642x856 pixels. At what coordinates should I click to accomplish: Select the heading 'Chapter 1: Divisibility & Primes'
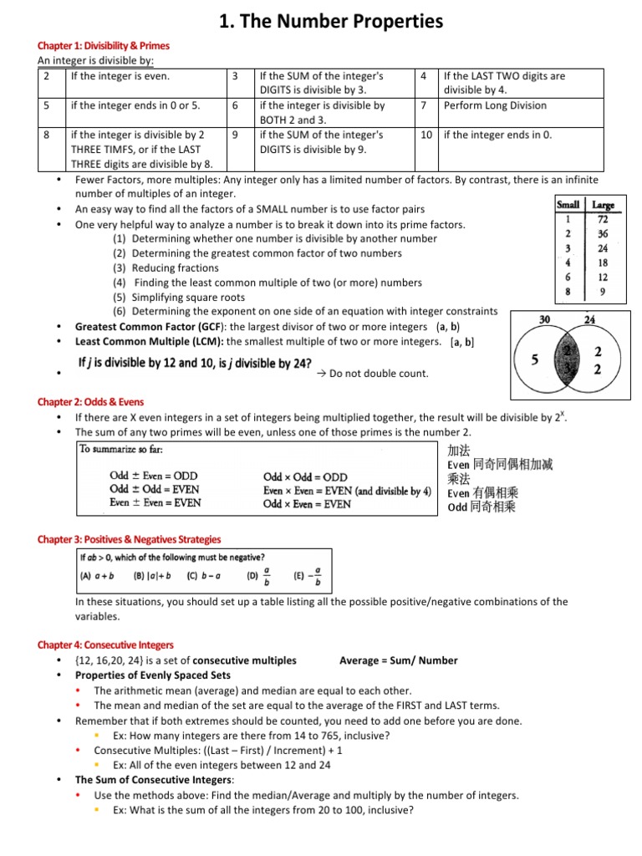[x=104, y=45]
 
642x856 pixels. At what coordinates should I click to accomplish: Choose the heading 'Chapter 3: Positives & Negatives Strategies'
[x=130, y=539]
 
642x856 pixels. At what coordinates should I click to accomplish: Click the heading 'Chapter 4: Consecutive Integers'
[x=105, y=645]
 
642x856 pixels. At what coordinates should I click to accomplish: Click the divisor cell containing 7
[x=425, y=105]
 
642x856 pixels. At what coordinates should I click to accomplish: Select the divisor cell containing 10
[x=426, y=135]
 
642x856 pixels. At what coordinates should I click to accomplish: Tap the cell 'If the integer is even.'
[x=120, y=76]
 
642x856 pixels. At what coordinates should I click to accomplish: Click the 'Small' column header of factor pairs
[x=568, y=204]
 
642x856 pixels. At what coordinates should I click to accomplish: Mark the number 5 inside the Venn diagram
[x=534, y=360]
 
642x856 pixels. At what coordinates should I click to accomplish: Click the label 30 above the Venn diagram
[x=544, y=319]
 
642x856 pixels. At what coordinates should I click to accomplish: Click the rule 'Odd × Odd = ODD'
[x=305, y=476]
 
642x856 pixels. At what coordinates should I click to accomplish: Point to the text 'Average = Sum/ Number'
[x=399, y=660]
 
